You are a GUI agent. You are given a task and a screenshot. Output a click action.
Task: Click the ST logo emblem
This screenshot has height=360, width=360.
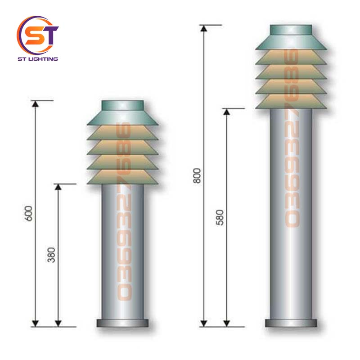(37, 35)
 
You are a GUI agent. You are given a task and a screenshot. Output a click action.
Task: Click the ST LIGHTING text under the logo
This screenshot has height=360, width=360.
(38, 59)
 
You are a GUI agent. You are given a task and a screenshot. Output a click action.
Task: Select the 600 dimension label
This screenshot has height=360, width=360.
(28, 213)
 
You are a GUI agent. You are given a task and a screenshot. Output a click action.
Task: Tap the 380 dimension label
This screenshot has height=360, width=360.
(51, 255)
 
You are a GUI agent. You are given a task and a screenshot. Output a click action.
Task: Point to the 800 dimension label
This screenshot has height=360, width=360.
(197, 175)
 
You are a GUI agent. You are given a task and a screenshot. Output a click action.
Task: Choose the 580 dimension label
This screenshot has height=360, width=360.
(220, 217)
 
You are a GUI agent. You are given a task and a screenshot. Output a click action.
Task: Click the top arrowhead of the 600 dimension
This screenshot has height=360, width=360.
(35, 104)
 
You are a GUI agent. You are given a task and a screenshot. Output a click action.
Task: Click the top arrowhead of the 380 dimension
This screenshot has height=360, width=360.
(58, 187)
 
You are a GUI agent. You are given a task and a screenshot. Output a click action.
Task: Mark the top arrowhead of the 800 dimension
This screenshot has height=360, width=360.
(204, 28)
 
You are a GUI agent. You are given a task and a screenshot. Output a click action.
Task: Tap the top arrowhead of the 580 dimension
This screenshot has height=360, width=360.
(227, 112)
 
